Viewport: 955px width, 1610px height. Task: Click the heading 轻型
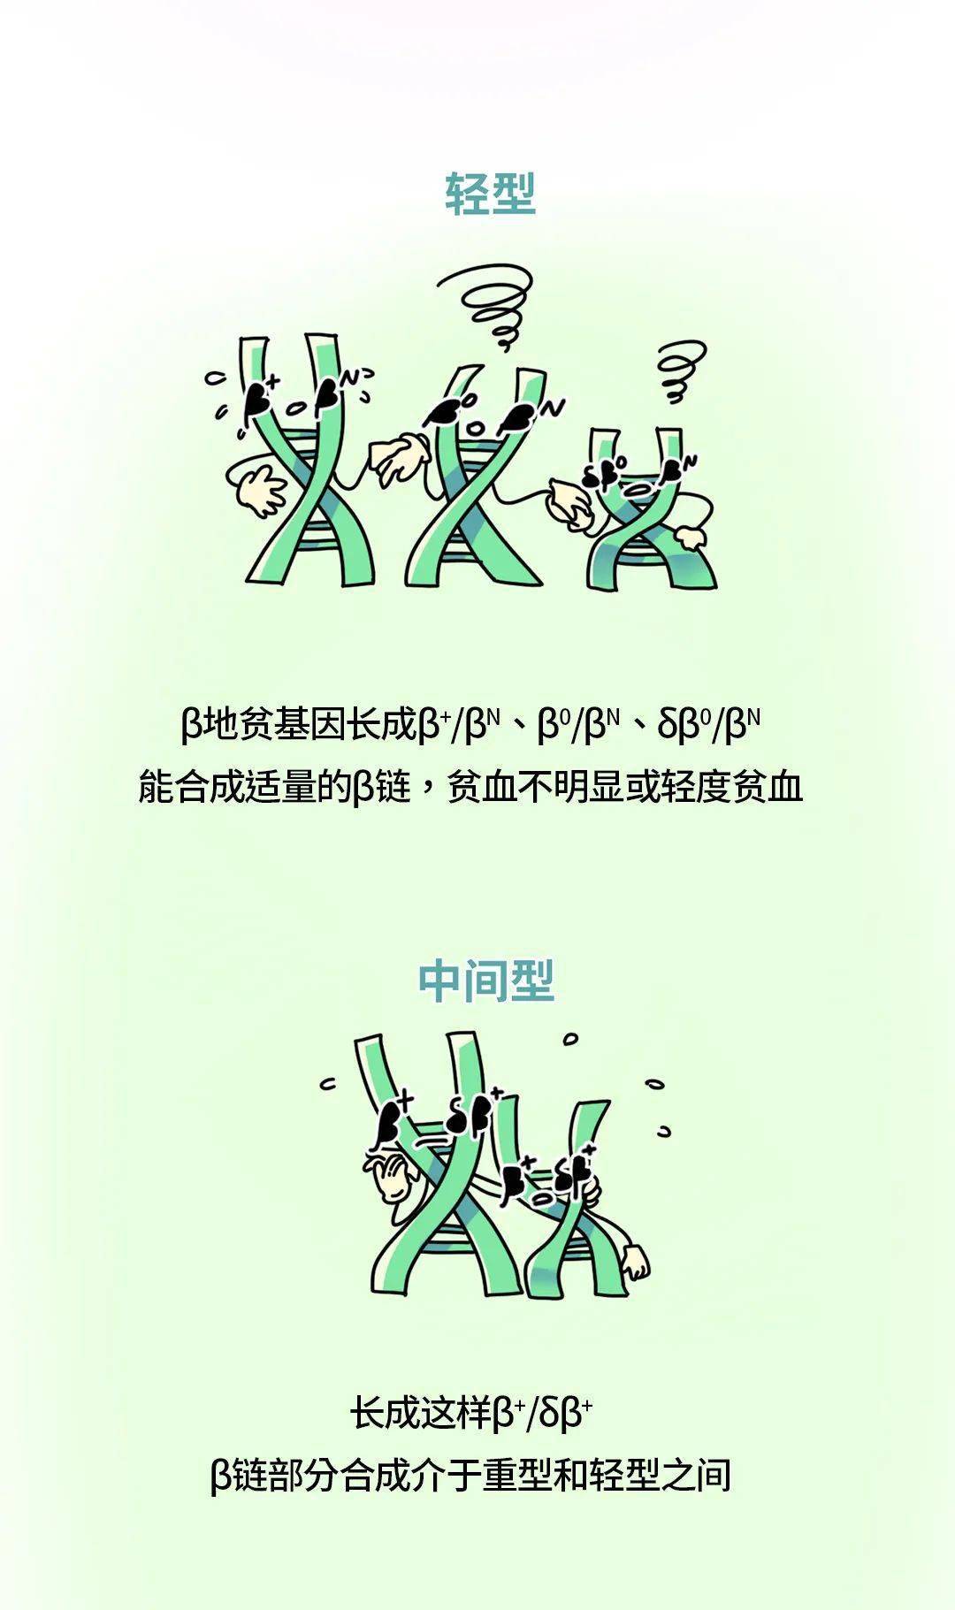(x=490, y=194)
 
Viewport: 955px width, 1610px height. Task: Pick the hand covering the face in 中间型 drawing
(x=388, y=1179)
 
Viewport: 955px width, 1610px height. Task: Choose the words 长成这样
(x=421, y=1413)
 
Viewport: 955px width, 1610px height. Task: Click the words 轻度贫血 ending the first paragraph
(x=732, y=786)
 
